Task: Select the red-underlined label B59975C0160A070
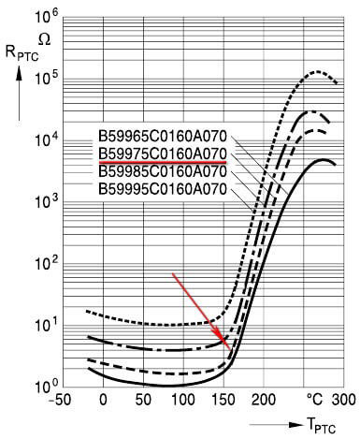(162, 153)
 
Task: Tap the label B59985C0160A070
(162, 170)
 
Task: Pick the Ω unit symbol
(43, 37)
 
